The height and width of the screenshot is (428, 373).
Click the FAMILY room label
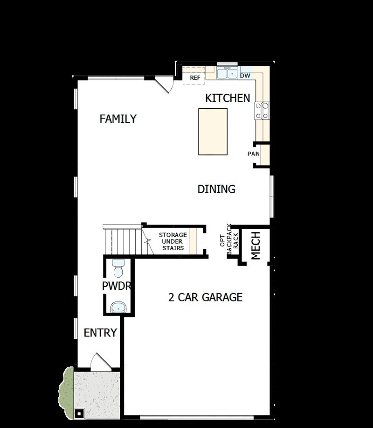118,119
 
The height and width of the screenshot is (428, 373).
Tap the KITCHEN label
228,98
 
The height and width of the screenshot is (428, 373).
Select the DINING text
216,189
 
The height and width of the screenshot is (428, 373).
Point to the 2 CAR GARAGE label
205,297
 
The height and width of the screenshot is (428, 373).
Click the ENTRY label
100,333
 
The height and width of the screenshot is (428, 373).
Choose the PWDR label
116,286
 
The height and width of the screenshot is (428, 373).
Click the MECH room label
256,246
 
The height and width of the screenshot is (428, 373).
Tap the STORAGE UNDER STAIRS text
173,241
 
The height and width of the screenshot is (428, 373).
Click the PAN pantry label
254,154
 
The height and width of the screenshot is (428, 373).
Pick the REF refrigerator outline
194,77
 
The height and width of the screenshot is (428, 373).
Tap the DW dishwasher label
245,75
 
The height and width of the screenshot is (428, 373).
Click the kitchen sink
227,73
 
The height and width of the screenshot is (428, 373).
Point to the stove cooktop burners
262,111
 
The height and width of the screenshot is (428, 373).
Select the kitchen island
213,132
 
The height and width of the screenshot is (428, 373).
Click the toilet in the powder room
118,269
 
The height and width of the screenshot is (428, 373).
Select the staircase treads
122,240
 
